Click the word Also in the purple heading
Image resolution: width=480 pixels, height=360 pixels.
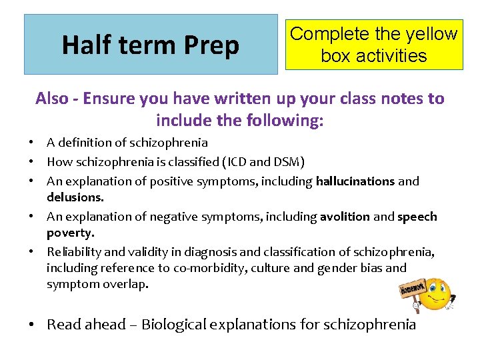(52, 99)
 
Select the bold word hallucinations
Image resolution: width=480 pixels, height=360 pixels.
(355, 181)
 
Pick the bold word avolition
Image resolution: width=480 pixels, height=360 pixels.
(345, 217)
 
